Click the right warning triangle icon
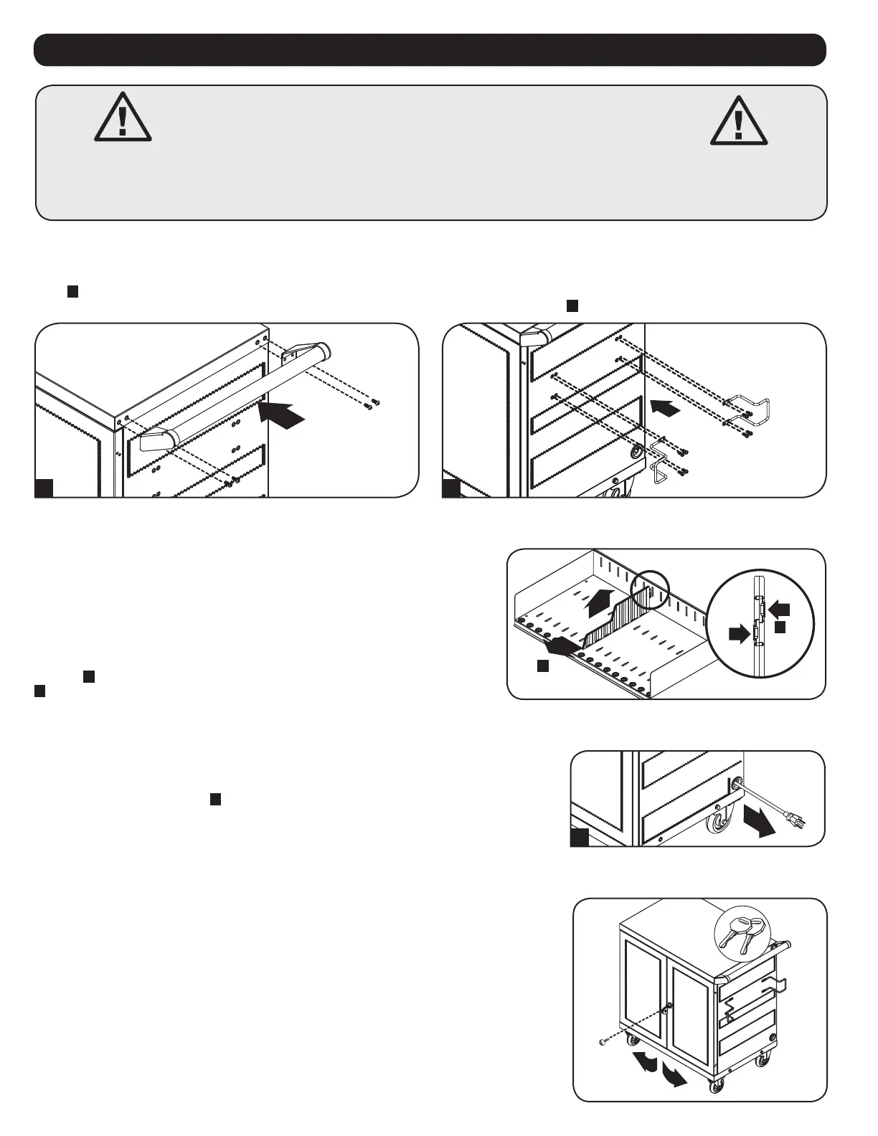738,120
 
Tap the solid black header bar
430,49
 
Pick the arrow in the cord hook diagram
664,408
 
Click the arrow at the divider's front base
560,647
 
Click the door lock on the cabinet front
669,1008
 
